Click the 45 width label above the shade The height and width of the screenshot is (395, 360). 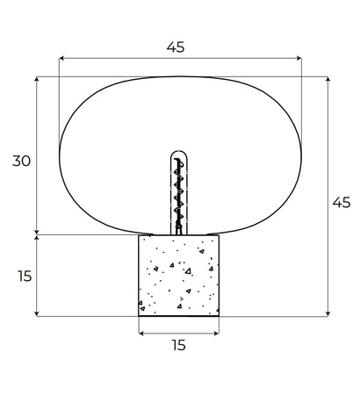coord(176,48)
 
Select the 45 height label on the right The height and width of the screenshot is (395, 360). coord(342,202)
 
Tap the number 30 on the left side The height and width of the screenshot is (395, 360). coord(22,161)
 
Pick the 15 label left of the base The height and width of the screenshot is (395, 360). coord(24,276)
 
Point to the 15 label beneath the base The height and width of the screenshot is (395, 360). coord(178,346)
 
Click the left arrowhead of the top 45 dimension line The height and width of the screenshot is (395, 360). coord(61,60)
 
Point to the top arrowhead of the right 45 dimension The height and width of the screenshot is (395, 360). coord(328,78)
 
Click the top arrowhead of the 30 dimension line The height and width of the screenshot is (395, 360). coord(37,78)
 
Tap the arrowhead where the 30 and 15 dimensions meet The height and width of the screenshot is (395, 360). coord(37,234)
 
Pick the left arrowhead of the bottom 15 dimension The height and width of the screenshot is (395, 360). coord(140,333)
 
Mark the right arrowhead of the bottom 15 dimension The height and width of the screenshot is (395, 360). coord(218,333)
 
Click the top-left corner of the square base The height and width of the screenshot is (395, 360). coord(139,235)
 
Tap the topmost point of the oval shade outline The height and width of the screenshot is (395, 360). coord(179,76)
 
